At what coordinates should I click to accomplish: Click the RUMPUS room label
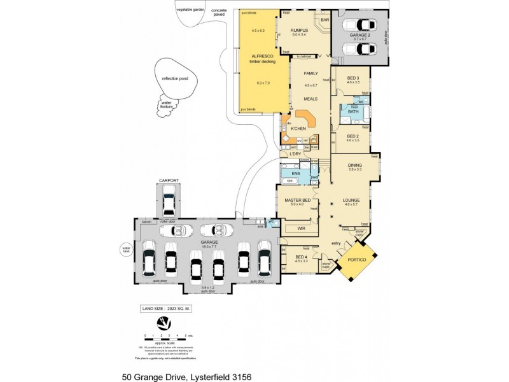[x=299, y=30]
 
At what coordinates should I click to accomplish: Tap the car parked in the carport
[x=168, y=203]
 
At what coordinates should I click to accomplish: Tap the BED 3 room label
[x=353, y=78]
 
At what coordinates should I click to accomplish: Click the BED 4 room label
[x=301, y=257]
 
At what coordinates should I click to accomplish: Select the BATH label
[x=352, y=111]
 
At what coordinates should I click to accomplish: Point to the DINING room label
[x=354, y=165]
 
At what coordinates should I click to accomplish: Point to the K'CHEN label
[x=298, y=129]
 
